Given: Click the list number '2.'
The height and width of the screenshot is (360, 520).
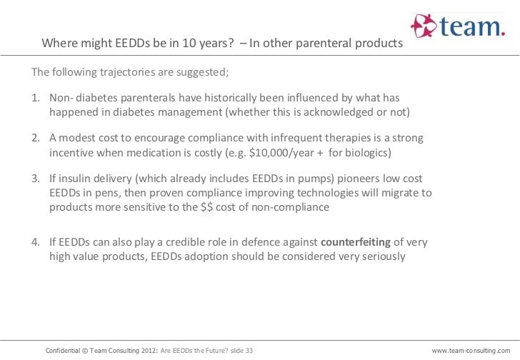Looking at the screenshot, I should (x=36, y=138).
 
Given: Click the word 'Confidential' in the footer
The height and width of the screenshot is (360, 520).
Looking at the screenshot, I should (x=64, y=351).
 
